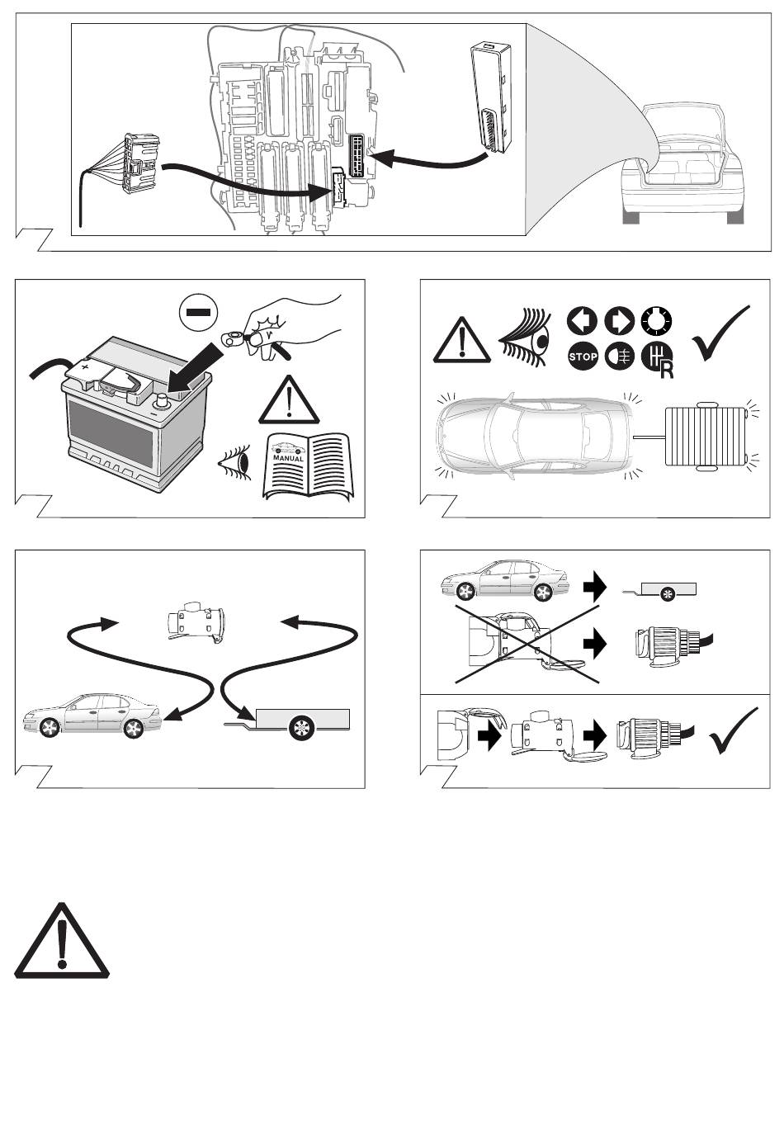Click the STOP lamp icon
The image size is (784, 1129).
[x=583, y=357]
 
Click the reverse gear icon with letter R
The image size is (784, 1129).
[x=658, y=360]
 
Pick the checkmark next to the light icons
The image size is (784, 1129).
[x=721, y=333]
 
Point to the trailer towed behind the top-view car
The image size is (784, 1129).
[x=707, y=437]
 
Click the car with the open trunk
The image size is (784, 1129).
[x=682, y=165]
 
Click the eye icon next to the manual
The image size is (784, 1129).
[x=234, y=465]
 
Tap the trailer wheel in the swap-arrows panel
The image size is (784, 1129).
[x=299, y=727]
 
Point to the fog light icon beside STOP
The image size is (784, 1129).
[x=621, y=357]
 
